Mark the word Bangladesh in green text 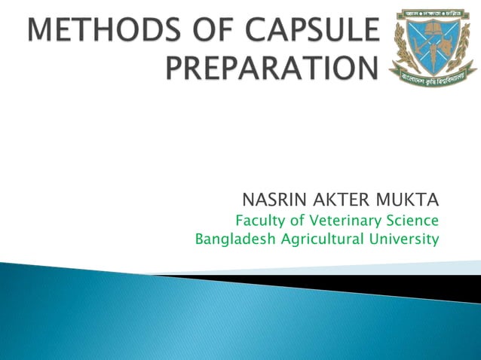pyautogui.click(x=229, y=240)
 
